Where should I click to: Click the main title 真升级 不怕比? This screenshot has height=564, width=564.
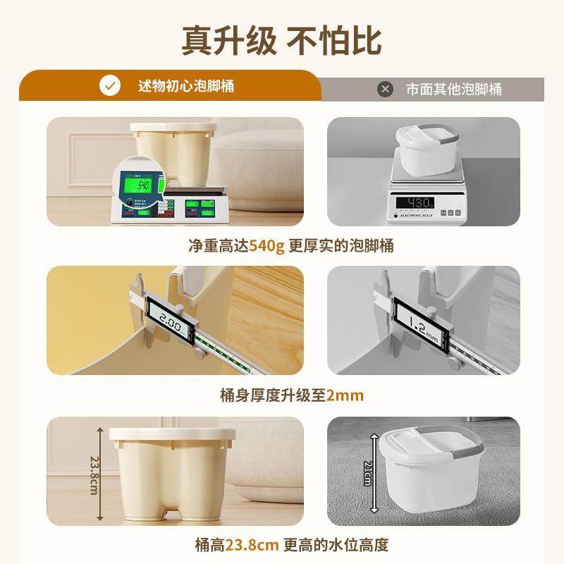coord(281,40)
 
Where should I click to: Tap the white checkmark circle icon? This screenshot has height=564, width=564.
coord(109,87)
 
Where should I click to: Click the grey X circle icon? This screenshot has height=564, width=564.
coord(385,90)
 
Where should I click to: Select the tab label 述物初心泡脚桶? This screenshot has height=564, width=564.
coord(185,87)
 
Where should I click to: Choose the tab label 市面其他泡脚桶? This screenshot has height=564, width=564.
coord(453,90)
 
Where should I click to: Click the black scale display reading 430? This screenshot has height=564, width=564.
coord(415,203)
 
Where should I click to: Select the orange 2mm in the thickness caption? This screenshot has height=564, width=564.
coord(344,395)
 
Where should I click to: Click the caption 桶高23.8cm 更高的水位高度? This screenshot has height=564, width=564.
coord(291,545)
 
